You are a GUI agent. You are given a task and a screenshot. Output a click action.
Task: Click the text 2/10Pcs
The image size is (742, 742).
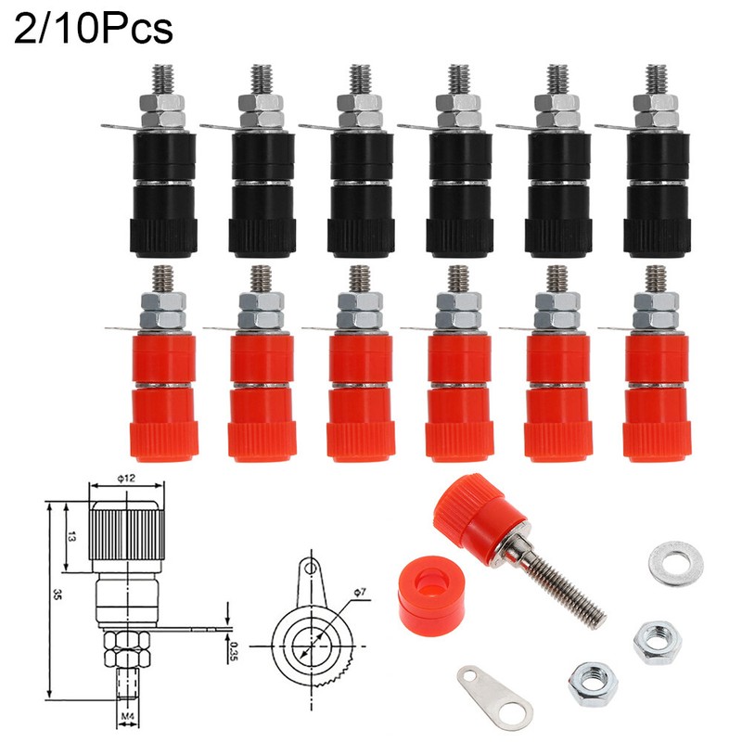[93, 29]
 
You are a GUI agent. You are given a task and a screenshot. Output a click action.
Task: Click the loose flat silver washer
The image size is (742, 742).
[672, 565]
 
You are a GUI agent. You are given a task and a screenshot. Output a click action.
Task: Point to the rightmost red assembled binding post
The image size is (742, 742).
[656, 371]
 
